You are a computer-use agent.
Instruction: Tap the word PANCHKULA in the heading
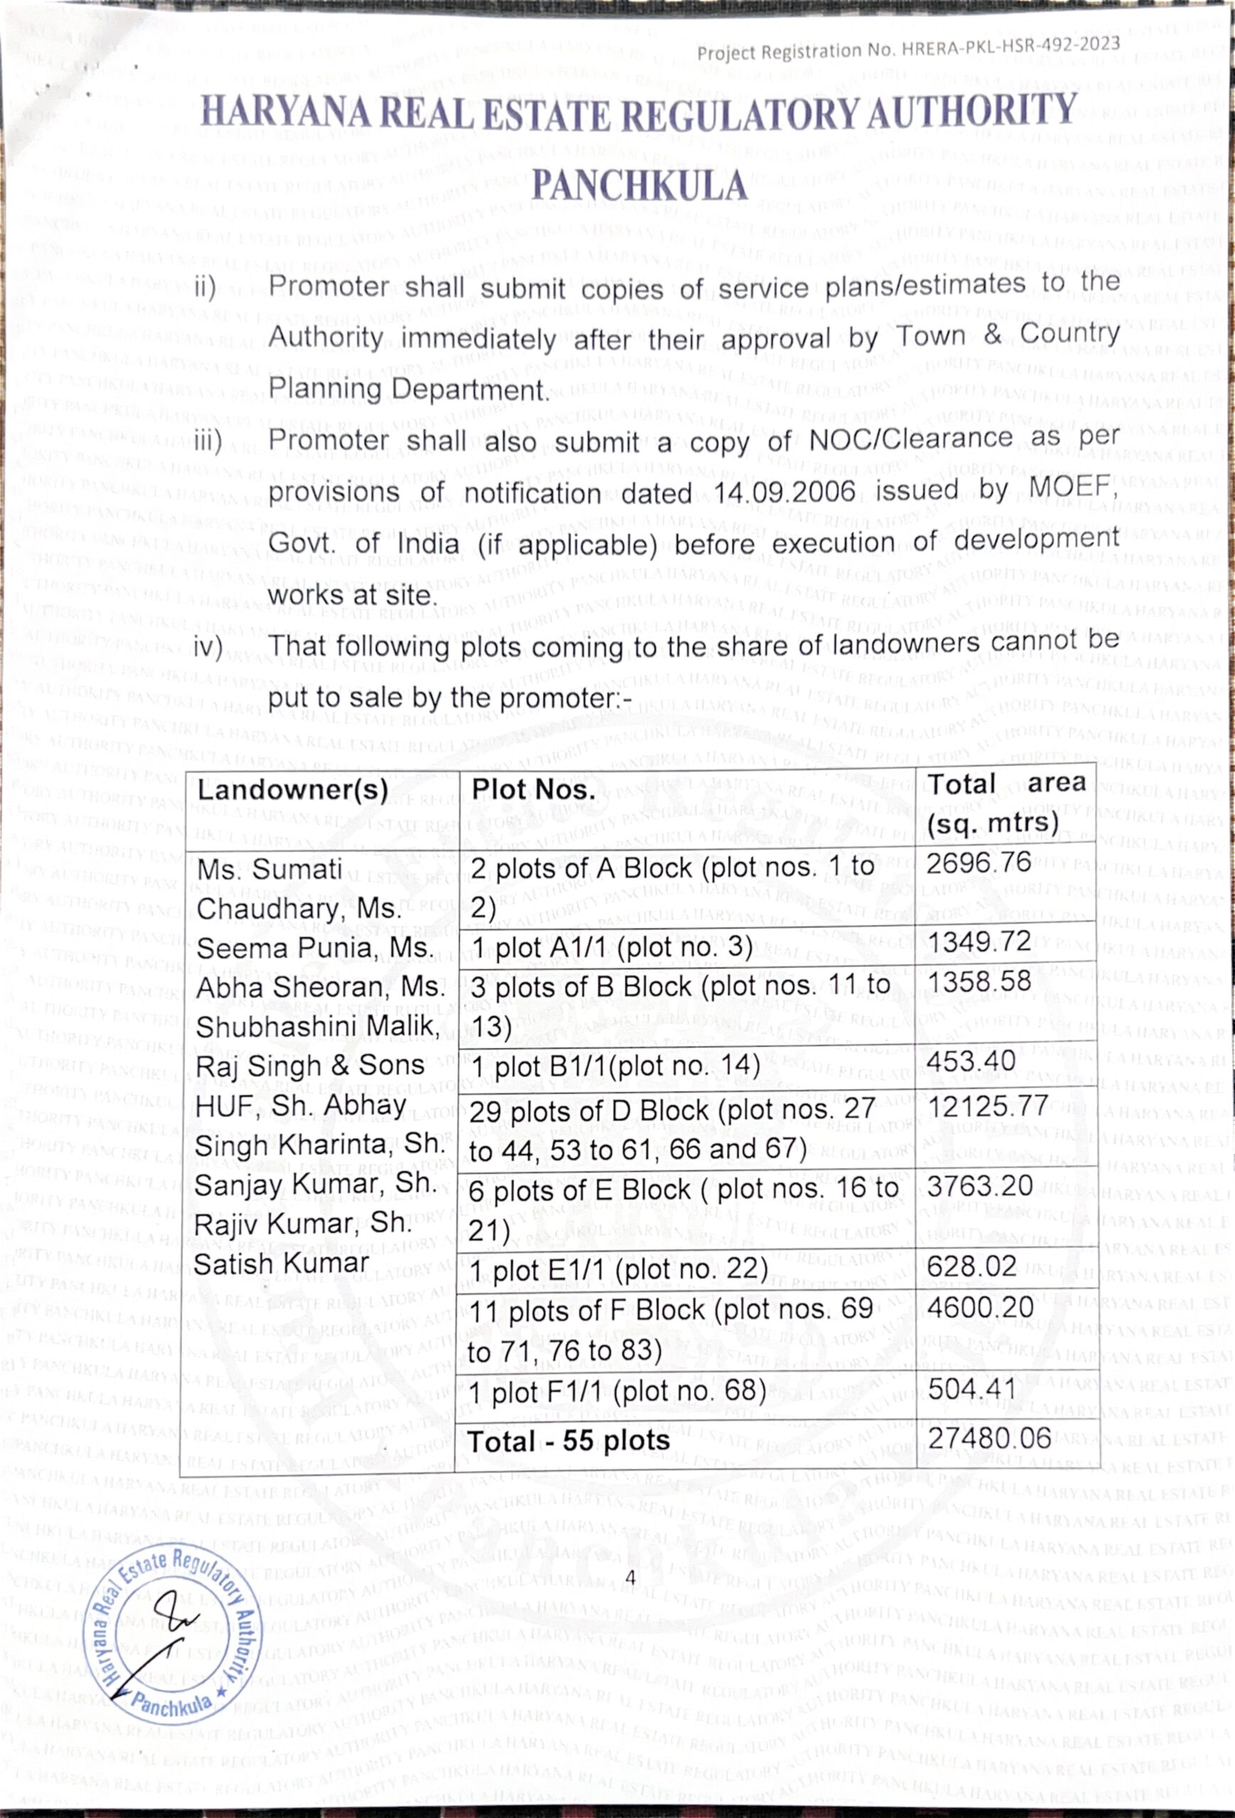(x=640, y=186)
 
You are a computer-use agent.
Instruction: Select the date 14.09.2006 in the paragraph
(x=785, y=494)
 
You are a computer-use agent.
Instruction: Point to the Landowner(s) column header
(x=293, y=790)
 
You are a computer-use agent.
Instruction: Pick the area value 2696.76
(x=979, y=862)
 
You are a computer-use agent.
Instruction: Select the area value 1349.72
(x=980, y=941)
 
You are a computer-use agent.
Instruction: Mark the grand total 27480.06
(x=990, y=1438)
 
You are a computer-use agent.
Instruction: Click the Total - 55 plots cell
(x=569, y=1441)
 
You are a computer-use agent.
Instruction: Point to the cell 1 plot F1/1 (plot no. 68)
(x=617, y=1392)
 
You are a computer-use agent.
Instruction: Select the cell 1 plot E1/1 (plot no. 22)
(x=619, y=1270)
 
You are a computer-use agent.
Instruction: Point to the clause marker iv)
(x=208, y=648)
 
